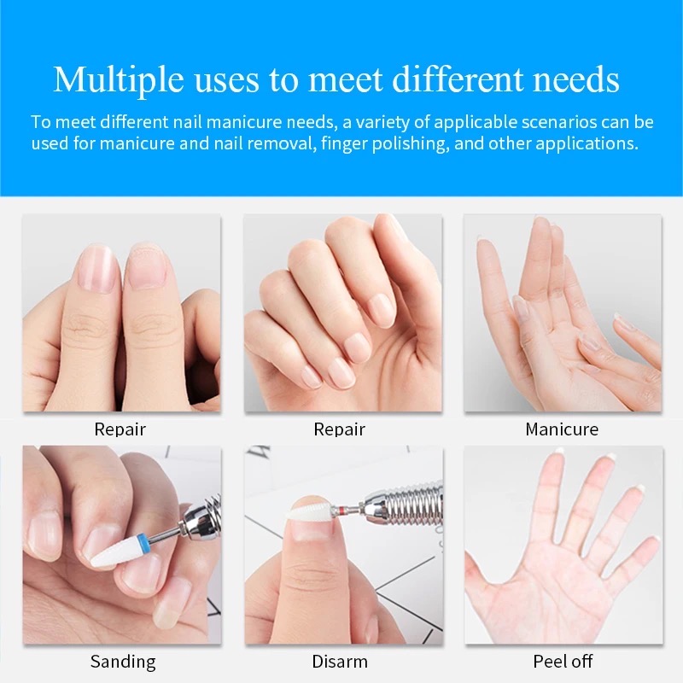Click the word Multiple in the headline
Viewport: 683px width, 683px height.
click(x=118, y=79)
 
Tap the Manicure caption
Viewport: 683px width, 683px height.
click(x=562, y=429)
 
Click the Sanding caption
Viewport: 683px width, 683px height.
click(x=123, y=663)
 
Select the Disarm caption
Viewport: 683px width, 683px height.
click(x=340, y=662)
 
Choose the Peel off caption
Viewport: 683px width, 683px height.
click(x=563, y=662)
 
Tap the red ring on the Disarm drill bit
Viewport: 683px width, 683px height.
click(x=334, y=510)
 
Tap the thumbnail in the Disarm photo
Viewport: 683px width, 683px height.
click(x=310, y=529)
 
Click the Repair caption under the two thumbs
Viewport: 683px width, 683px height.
click(x=120, y=429)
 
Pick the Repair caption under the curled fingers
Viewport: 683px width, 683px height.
click(x=339, y=429)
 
